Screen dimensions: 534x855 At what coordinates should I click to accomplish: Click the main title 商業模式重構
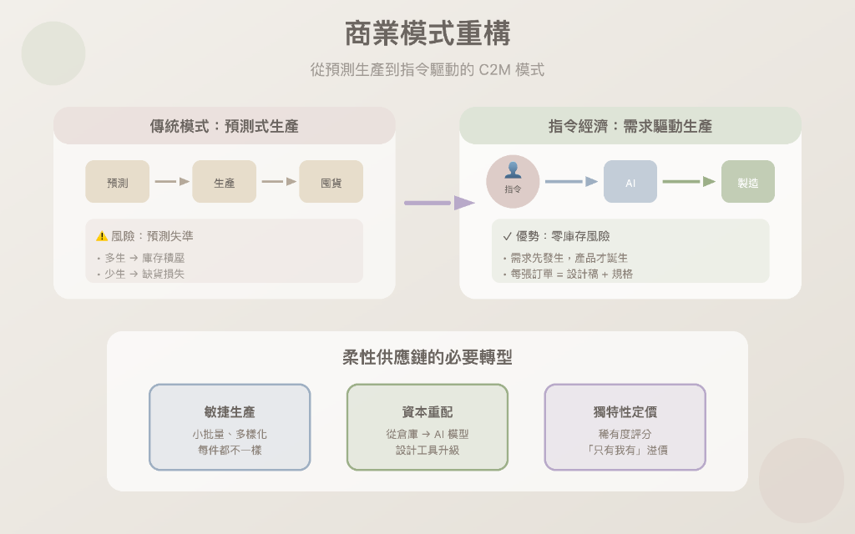(427, 34)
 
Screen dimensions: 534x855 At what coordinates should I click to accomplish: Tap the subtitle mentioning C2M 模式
(427, 70)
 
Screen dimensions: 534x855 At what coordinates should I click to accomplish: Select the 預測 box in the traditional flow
(118, 182)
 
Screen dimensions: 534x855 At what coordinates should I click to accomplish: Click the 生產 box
(225, 182)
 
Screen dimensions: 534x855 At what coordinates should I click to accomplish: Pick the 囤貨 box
(331, 182)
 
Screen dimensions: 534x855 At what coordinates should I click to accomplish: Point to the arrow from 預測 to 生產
(172, 182)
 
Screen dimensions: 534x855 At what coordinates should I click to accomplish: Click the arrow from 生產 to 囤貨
(279, 182)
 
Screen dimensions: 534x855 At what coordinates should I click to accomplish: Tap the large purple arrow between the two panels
(439, 203)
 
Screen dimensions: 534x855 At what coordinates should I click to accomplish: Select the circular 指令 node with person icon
(513, 181)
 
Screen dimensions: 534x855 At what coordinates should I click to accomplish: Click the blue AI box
(630, 182)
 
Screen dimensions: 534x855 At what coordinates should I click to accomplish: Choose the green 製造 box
(748, 182)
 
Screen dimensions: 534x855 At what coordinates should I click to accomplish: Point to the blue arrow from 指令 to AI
(571, 182)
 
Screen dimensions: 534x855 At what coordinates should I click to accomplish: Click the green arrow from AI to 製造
(689, 182)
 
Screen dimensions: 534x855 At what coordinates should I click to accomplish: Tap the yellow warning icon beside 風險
(102, 236)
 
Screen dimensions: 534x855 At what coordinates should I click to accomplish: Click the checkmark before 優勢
(508, 236)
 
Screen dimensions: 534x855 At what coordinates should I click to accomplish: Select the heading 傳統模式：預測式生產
(225, 126)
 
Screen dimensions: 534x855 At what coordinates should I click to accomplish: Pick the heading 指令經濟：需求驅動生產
(630, 126)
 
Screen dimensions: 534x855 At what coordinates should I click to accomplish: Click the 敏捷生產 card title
(230, 412)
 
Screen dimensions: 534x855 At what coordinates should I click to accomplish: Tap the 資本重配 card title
(427, 412)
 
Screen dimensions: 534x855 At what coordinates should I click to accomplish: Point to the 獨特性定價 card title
(625, 412)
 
